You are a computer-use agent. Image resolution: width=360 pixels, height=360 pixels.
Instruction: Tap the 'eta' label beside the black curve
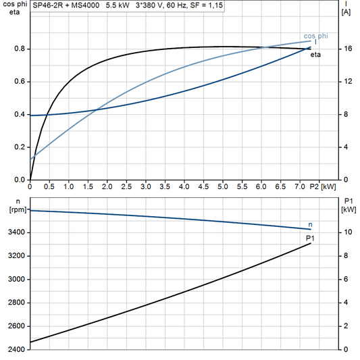[315, 55]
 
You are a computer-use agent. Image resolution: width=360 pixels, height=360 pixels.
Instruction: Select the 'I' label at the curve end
[315, 43]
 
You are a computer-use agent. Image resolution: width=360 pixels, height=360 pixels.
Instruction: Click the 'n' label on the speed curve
[310, 224]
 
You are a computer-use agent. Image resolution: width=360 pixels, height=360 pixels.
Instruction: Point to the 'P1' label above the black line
[310, 238]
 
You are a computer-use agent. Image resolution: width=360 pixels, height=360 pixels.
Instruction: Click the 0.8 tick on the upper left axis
[19, 49]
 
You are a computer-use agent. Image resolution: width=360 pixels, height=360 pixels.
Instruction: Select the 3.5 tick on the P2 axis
[165, 186]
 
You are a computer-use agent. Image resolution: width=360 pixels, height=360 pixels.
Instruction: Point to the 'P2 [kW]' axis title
[322, 186]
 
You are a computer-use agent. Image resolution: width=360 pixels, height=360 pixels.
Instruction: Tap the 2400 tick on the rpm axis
[15, 350]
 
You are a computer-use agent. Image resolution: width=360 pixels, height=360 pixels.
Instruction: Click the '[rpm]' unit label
[14, 210]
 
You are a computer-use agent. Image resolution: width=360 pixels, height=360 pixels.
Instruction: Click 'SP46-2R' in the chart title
[47, 5]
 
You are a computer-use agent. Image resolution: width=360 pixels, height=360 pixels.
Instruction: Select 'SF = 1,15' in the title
[205, 5]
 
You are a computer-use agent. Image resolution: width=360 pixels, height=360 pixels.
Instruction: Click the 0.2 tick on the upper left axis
[19, 147]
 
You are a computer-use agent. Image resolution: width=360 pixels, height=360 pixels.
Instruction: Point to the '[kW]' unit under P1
[349, 210]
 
